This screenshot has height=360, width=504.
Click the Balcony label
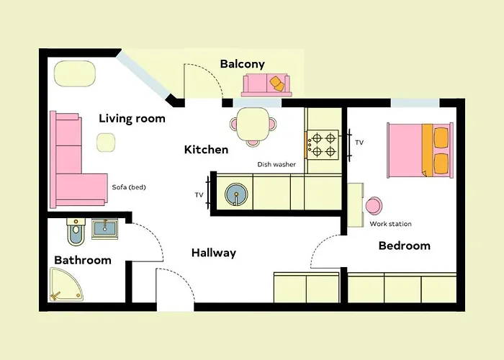(242, 64)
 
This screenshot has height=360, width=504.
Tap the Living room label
(132, 118)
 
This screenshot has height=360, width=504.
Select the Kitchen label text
(206, 150)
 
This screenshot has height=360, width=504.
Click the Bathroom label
(83, 260)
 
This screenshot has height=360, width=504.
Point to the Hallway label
(213, 253)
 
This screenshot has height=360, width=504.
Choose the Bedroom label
(404, 246)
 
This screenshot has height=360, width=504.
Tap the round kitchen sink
(235, 194)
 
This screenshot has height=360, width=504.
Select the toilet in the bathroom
(76, 232)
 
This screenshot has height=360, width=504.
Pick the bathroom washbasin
(106, 229)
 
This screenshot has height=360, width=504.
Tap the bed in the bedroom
(420, 150)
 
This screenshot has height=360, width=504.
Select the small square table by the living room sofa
(106, 143)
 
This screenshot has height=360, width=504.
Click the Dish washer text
(276, 165)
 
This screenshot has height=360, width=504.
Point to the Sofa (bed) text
(129, 187)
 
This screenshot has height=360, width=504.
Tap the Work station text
(390, 224)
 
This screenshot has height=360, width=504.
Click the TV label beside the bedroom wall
(359, 143)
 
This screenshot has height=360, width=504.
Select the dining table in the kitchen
(253, 123)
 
